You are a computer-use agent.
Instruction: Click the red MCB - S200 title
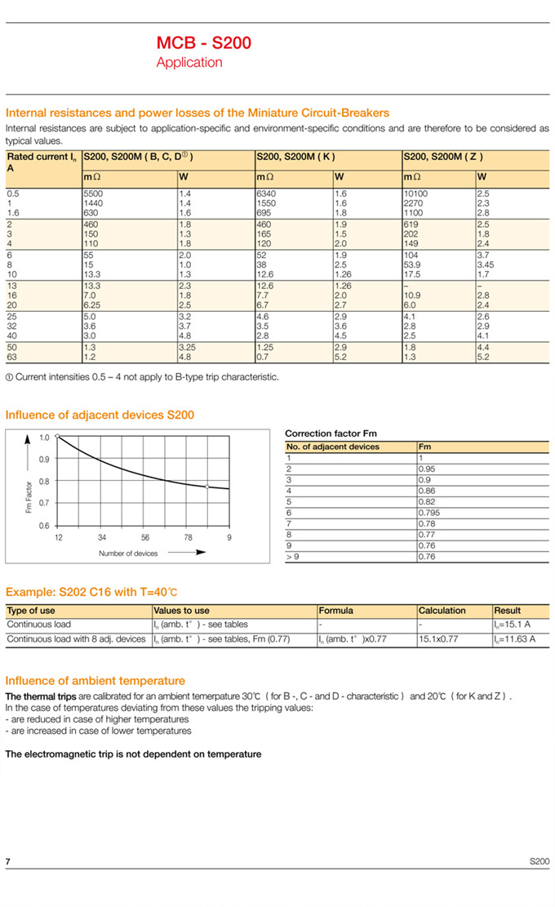203,42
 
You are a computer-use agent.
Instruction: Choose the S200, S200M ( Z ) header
442,156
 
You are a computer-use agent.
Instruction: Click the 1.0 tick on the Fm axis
44,437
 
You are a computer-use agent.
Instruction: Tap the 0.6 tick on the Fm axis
44,525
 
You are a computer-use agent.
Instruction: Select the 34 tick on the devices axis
101,537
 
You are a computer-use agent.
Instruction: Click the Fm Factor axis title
29,496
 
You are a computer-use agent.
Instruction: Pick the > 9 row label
292,556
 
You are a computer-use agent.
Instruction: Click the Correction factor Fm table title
331,433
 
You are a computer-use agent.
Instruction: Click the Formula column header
335,610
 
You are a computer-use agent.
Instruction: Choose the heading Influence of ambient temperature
95,680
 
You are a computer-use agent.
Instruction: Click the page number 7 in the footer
8,862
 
